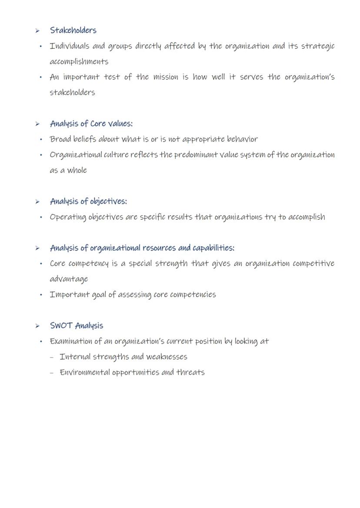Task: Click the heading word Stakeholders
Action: click(x=73, y=30)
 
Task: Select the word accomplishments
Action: click(x=79, y=62)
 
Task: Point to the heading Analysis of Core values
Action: click(x=91, y=124)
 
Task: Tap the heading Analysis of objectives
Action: click(x=88, y=201)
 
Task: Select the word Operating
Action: click(x=68, y=217)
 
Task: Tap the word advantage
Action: click(x=69, y=279)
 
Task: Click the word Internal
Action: click(x=74, y=357)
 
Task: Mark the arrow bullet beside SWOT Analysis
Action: click(x=38, y=326)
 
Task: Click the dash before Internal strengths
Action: click(x=52, y=357)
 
